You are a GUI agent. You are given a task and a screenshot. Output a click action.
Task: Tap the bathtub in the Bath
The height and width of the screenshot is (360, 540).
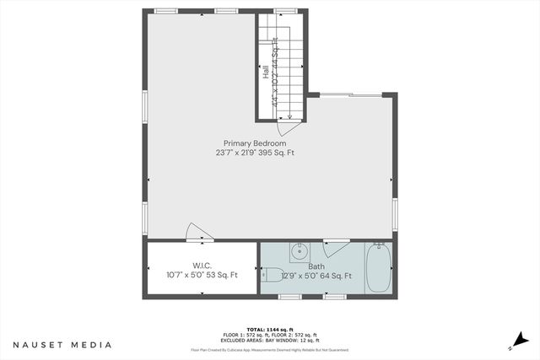click(x=378, y=267)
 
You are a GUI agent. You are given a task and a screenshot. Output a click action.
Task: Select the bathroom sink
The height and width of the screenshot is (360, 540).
click(x=299, y=251)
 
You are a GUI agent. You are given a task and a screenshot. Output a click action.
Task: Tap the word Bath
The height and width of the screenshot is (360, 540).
click(x=316, y=266)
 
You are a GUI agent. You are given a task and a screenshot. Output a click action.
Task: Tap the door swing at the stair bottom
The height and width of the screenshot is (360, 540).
click(x=289, y=126)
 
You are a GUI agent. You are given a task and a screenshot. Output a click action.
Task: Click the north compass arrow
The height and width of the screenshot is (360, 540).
click(x=512, y=347)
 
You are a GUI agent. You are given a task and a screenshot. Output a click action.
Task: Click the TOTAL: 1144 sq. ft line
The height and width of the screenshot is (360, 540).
click(x=269, y=329)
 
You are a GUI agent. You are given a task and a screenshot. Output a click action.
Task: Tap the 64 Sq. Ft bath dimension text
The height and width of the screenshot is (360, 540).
click(x=336, y=276)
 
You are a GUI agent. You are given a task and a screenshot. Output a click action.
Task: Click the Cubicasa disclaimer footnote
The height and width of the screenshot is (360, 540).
click(x=269, y=349)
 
